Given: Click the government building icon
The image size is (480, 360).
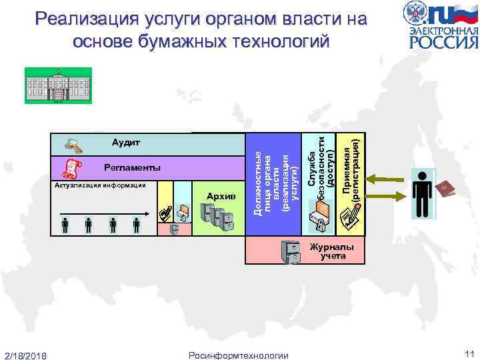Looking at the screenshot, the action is (57, 86).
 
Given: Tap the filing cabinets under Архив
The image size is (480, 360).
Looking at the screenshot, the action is (217, 217).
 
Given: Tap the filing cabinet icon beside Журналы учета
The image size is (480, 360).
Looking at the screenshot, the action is (291, 252).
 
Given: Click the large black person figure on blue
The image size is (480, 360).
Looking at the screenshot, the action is (423, 193).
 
